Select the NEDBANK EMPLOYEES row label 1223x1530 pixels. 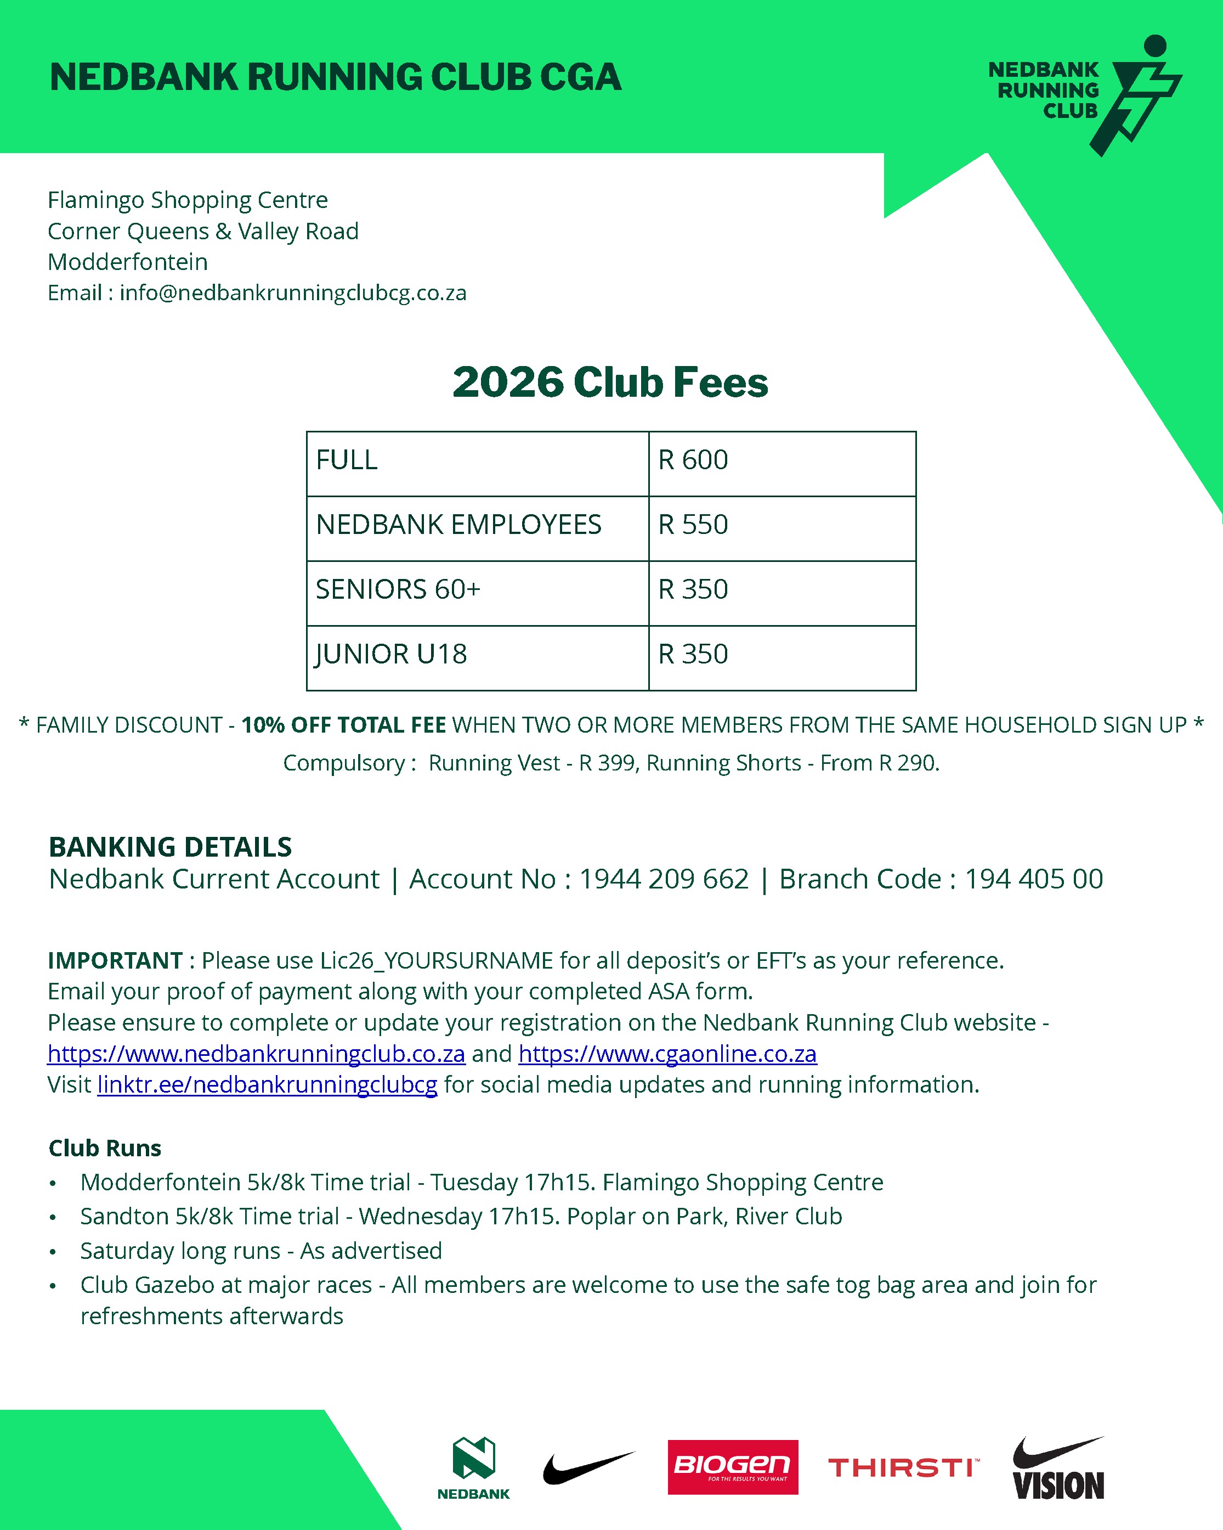(458, 525)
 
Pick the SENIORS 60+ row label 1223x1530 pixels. (398, 589)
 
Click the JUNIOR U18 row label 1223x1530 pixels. (391, 654)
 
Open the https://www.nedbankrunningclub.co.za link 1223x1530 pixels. (256, 1053)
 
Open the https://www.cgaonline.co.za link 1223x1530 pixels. (667, 1053)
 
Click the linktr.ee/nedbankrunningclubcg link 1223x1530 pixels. (268, 1084)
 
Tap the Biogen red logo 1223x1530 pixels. (733, 1467)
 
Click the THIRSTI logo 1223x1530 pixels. (903, 1467)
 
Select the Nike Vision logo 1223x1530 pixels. (1058, 1469)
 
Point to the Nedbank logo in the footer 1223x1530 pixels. (474, 1467)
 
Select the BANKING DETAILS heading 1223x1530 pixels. (170, 847)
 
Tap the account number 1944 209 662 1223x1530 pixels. (664, 879)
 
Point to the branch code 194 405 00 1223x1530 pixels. (1034, 879)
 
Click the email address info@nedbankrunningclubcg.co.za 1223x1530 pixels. (293, 292)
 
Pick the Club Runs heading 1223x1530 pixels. (105, 1147)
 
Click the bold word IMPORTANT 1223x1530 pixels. (115, 960)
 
